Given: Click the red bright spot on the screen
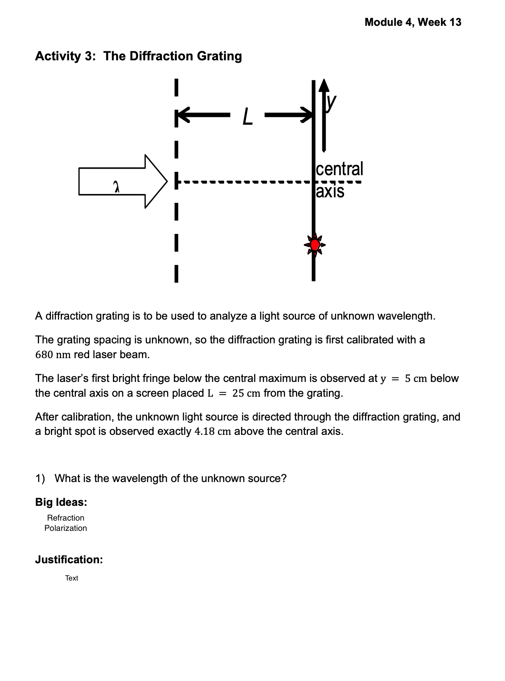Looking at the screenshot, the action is click(x=314, y=245).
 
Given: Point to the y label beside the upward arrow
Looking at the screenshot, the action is click(x=331, y=102).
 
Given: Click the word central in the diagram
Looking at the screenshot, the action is click(x=340, y=169).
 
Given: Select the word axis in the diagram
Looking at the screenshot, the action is click(x=330, y=191).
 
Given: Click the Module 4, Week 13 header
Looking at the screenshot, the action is click(x=413, y=22).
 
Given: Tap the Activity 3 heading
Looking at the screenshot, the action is click(x=138, y=56).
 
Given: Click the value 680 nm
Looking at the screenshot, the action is click(x=53, y=355).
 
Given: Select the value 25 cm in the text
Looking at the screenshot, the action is click(x=246, y=393).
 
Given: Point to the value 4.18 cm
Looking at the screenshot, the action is click(x=212, y=432).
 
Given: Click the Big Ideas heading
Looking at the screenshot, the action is click(x=61, y=502).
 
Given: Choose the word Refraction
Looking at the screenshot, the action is click(x=66, y=518).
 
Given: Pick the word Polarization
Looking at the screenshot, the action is click(x=66, y=528).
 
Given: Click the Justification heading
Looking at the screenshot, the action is click(x=69, y=560).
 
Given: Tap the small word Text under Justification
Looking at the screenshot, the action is click(x=71, y=578).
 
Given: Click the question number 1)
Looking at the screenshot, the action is click(x=40, y=479).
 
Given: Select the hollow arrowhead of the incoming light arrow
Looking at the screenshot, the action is click(x=156, y=181).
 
